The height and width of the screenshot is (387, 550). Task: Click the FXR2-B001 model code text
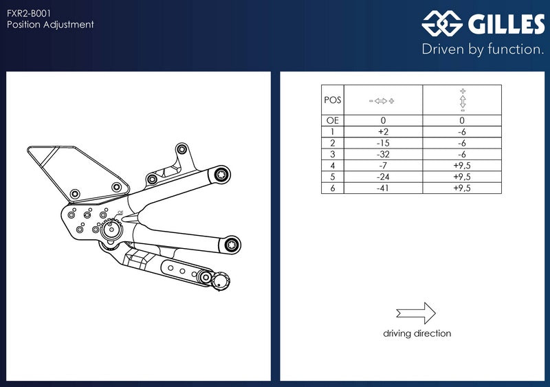[x=29, y=13]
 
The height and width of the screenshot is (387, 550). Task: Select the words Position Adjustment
[x=50, y=25]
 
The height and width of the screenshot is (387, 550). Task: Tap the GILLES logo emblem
[x=442, y=23]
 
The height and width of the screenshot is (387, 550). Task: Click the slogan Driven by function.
[x=483, y=49]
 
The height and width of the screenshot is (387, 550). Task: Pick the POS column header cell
[x=333, y=100]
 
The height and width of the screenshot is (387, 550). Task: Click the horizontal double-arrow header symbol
[x=382, y=101]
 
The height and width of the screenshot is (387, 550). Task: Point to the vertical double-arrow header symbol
[x=463, y=100]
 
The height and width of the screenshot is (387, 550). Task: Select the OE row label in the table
[x=333, y=120]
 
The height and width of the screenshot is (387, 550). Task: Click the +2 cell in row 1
[x=384, y=131]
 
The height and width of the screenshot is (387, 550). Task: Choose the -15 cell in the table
[x=384, y=143]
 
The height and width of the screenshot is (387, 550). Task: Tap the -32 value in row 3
[x=384, y=154]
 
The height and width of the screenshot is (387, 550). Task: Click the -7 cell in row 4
[x=384, y=165]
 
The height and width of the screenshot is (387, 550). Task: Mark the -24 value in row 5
[x=384, y=177]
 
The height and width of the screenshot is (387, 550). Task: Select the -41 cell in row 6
[x=384, y=188]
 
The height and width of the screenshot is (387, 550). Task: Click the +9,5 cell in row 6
[x=462, y=188]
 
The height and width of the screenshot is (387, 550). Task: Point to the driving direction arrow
[x=416, y=313]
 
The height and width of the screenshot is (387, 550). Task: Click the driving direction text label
[x=417, y=333]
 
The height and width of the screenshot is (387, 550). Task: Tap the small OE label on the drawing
[x=120, y=212]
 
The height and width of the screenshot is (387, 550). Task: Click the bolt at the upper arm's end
[x=221, y=175]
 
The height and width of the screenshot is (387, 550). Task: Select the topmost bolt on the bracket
[x=181, y=149]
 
